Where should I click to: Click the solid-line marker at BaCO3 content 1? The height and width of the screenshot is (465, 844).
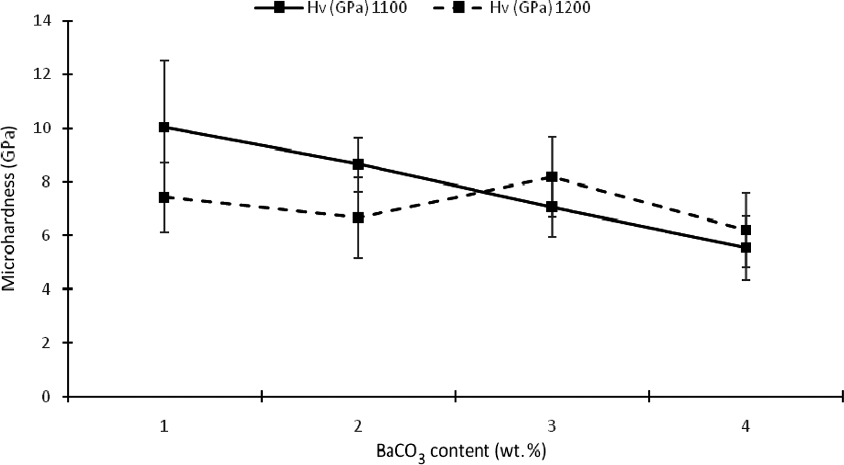pyautogui.click(x=164, y=127)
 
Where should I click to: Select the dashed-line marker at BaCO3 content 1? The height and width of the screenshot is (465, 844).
pyautogui.click(x=164, y=197)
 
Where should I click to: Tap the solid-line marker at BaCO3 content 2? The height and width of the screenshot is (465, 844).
pyautogui.click(x=358, y=164)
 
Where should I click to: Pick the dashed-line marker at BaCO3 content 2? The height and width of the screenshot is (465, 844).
pyautogui.click(x=358, y=218)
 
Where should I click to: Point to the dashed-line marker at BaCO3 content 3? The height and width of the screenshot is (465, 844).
pyautogui.click(x=552, y=177)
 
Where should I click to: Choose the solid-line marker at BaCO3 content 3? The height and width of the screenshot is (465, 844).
pyautogui.click(x=552, y=207)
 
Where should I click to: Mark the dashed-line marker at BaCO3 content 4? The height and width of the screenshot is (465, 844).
pyautogui.click(x=746, y=230)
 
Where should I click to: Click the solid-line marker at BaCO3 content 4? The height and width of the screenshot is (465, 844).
pyautogui.click(x=746, y=247)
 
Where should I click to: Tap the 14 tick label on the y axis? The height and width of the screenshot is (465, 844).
pyautogui.click(x=46, y=21)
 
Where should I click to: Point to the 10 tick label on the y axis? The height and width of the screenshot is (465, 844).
pyautogui.click(x=46, y=128)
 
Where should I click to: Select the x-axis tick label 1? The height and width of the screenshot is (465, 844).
pyautogui.click(x=164, y=426)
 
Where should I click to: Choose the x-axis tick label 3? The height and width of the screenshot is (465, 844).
pyautogui.click(x=552, y=426)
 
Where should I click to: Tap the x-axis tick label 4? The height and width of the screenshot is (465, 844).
pyautogui.click(x=746, y=426)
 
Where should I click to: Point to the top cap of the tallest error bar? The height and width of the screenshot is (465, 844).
pyautogui.click(x=164, y=60)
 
